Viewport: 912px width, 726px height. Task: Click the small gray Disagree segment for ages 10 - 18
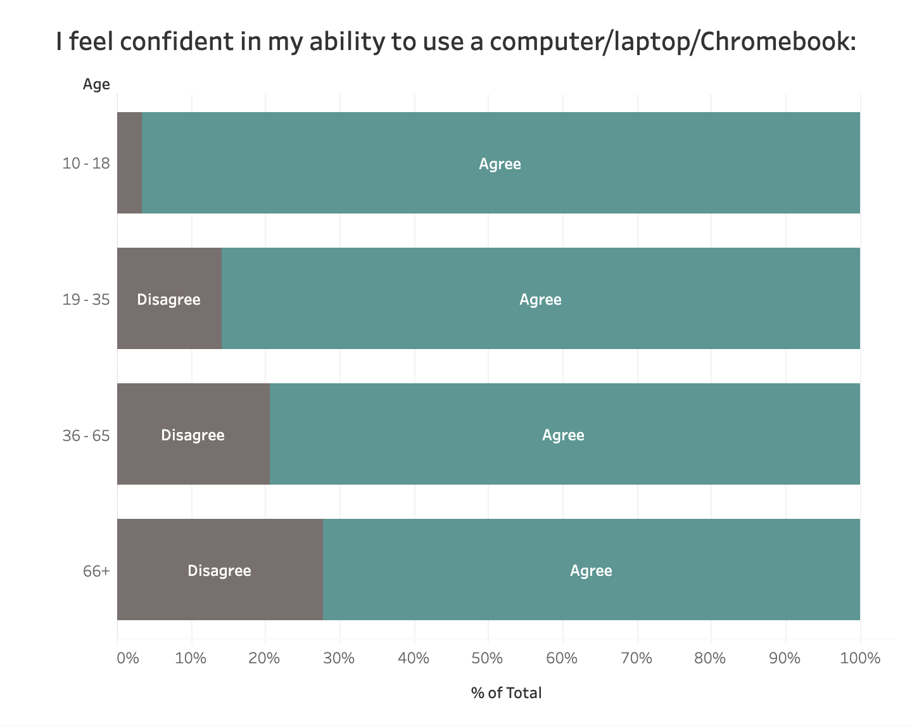pyautogui.click(x=130, y=163)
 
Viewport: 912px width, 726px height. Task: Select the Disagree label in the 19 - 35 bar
pyautogui.click(x=168, y=300)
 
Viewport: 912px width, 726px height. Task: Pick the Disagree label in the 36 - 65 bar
pyautogui.click(x=193, y=435)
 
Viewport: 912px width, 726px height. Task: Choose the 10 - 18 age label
pyautogui.click(x=86, y=163)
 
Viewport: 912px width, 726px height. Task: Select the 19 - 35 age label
pyautogui.click(x=86, y=300)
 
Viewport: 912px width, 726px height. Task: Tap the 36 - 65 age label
pyautogui.click(x=86, y=435)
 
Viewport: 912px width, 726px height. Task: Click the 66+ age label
pyautogui.click(x=97, y=571)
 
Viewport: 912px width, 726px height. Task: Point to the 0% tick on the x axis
pyautogui.click(x=127, y=658)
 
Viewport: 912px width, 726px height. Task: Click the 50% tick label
pyautogui.click(x=487, y=658)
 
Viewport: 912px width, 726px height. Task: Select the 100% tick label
pyautogui.click(x=860, y=658)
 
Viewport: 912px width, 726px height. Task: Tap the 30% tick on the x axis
pyautogui.click(x=339, y=658)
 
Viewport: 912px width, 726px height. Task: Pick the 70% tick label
pyautogui.click(x=636, y=658)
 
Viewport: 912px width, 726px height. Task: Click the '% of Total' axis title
pyautogui.click(x=507, y=693)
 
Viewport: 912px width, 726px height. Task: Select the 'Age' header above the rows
pyautogui.click(x=96, y=84)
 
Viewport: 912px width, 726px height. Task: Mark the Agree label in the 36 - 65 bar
pyautogui.click(x=563, y=435)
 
